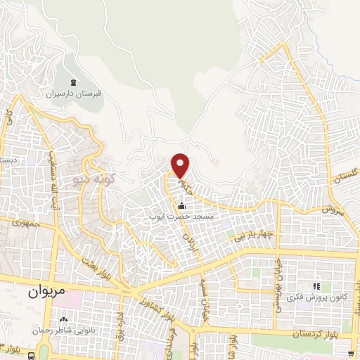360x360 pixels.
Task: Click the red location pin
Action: click(181, 165)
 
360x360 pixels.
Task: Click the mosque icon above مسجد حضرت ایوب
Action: click(182, 206)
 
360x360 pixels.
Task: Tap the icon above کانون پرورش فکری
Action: click(316, 286)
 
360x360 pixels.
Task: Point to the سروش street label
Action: click(331, 208)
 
